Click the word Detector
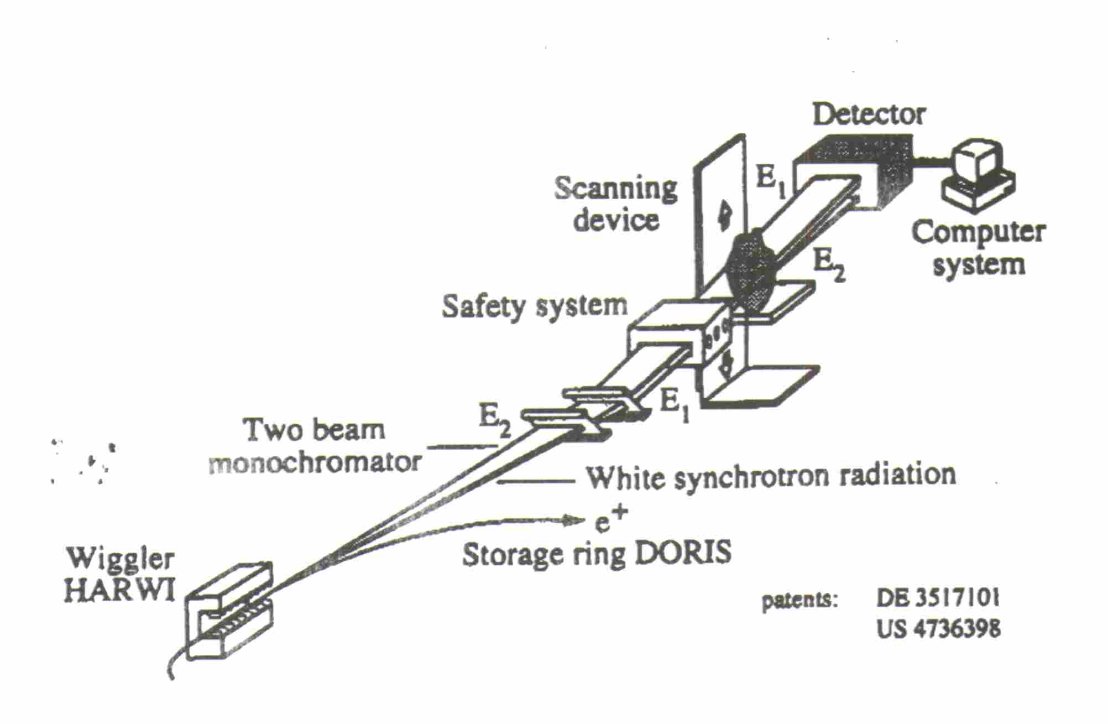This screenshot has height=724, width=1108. point(869,114)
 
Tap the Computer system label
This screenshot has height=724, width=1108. point(978,248)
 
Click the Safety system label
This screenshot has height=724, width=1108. point(535,306)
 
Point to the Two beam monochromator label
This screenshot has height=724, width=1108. point(315,446)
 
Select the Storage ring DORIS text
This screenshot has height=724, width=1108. point(597,554)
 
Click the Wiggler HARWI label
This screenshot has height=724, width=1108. point(119,575)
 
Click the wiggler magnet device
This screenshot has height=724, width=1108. point(229,611)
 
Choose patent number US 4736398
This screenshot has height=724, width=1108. point(938,629)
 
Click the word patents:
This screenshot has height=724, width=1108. point(800,600)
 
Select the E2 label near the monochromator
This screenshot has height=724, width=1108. point(494,423)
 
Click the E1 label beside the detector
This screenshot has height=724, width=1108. point(770,181)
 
